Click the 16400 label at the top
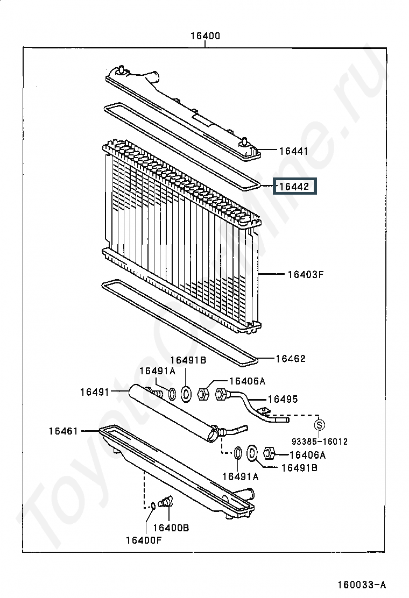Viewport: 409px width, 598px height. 205,36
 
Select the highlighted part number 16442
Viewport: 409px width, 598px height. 294,187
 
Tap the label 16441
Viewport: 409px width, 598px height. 293,151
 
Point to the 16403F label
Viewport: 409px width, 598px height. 306,274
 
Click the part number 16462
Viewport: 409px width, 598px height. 291,359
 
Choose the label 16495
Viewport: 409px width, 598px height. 283,399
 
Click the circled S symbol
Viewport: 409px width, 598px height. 319,424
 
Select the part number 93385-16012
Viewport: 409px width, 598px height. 320,442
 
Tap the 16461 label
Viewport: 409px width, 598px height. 64,431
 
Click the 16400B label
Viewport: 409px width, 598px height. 171,528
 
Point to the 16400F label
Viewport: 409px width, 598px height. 144,540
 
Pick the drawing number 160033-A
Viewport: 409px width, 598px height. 362,585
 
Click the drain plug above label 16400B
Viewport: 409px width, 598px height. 166,501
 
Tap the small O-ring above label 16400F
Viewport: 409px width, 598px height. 152,506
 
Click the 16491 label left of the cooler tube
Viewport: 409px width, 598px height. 95,391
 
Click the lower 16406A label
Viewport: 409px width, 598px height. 307,455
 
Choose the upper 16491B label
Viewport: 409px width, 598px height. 188,360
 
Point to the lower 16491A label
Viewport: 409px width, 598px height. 241,476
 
